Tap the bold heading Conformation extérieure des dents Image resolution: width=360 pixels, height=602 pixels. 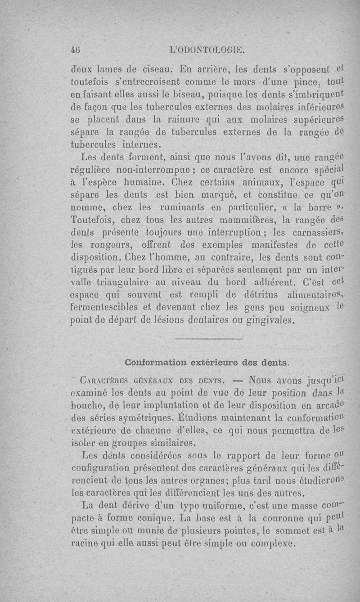click(207, 362)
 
